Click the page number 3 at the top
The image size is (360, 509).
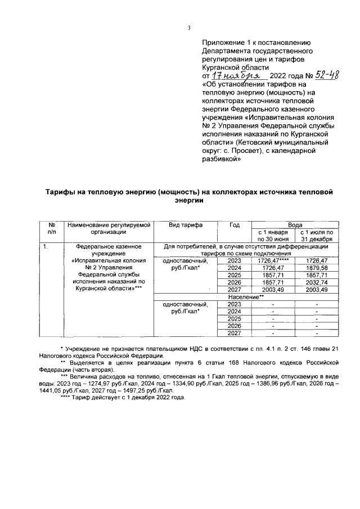tap(188, 29)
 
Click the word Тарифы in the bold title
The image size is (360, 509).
tap(63, 192)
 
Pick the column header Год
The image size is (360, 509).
tap(235, 225)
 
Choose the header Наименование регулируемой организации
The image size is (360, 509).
tap(110, 228)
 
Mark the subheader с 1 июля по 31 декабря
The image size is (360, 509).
tap(317, 235)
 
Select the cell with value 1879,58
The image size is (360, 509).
tap(317, 268)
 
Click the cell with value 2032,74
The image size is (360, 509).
tap(317, 282)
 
